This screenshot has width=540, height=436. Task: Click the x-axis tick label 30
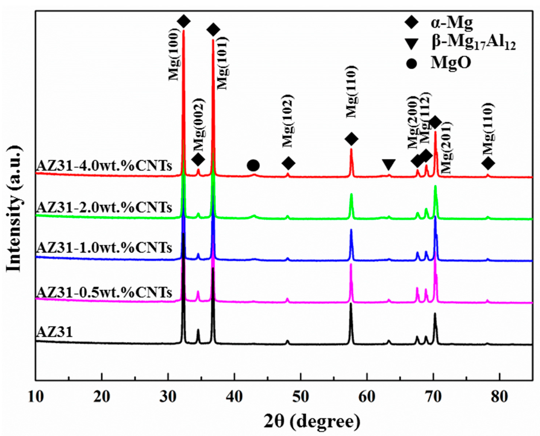tap(168, 397)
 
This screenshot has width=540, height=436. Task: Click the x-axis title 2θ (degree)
tap(312, 421)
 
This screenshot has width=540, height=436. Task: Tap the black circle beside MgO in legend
tap(411, 63)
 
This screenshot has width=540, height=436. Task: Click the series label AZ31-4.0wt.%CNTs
tap(104, 166)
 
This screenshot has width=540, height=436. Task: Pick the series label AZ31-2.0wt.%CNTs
tap(104, 208)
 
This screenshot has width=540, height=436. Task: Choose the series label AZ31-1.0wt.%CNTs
tap(104, 248)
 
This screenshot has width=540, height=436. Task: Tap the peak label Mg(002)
tap(200, 121)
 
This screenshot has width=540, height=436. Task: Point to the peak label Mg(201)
tap(447, 148)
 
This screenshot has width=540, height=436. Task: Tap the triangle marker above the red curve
tap(389, 164)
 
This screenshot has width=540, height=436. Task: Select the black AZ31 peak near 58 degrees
tap(351, 324)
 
